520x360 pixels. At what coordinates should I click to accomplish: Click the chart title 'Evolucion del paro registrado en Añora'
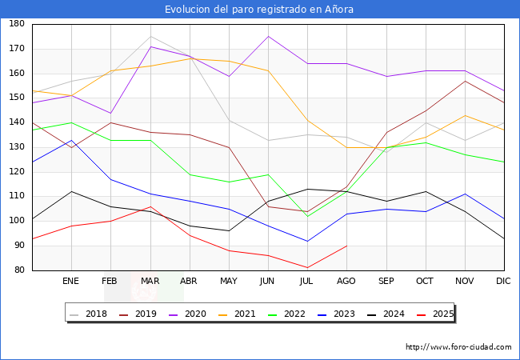(x=259, y=10)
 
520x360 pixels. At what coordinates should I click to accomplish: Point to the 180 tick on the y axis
(x=16, y=24)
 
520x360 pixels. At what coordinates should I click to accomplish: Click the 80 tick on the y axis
(x=18, y=270)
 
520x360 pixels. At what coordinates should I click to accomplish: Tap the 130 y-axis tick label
(x=16, y=147)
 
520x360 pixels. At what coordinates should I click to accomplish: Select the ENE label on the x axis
(x=71, y=282)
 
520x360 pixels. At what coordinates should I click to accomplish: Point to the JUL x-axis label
(x=307, y=282)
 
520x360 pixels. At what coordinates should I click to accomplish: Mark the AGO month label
(x=346, y=282)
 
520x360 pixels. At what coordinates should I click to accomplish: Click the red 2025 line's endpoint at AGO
(x=346, y=246)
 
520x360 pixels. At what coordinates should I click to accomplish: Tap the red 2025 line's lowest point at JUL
(x=307, y=268)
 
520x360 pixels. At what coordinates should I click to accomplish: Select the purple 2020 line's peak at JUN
(x=268, y=36)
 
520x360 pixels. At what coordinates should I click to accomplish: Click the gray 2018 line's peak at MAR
(x=150, y=36)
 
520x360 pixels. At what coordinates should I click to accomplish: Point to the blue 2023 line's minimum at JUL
(x=307, y=241)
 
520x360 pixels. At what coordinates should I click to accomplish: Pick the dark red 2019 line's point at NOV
(x=465, y=81)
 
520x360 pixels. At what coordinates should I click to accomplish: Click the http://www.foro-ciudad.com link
(x=458, y=347)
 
